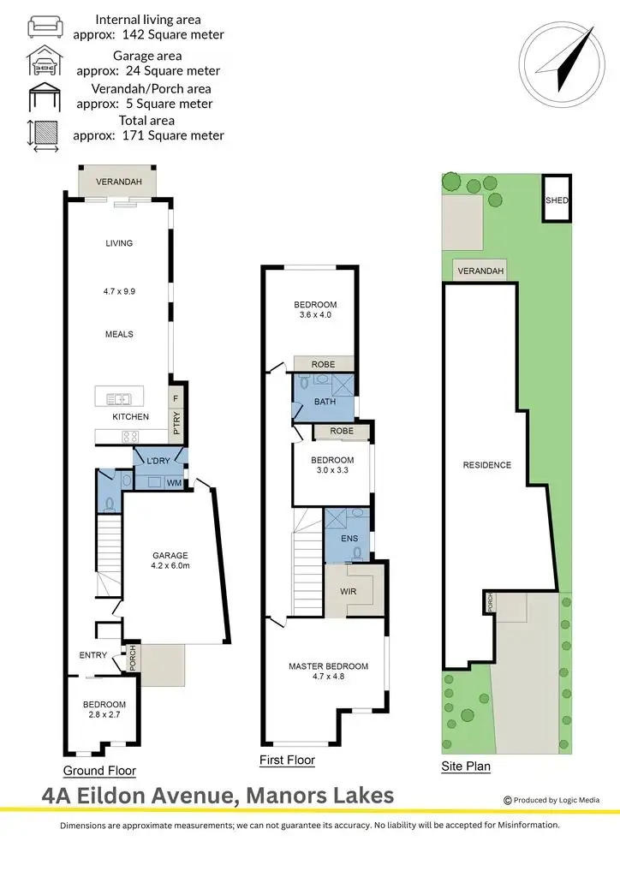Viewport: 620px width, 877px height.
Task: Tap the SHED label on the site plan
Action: [556, 200]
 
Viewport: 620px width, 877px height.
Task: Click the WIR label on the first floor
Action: [349, 591]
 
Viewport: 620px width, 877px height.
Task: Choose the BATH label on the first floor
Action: [324, 401]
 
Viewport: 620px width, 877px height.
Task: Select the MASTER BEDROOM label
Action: [328, 666]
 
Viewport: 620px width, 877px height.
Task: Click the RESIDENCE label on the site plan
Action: [487, 465]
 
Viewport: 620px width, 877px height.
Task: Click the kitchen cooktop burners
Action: [130, 437]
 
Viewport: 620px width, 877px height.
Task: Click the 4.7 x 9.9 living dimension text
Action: [119, 291]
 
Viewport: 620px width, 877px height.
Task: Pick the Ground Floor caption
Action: [99, 771]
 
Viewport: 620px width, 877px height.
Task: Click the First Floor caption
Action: [287, 761]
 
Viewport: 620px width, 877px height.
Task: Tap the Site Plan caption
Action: [466, 767]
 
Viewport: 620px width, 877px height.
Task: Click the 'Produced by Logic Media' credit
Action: [551, 801]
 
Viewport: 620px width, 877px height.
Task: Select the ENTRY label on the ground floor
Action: [92, 655]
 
